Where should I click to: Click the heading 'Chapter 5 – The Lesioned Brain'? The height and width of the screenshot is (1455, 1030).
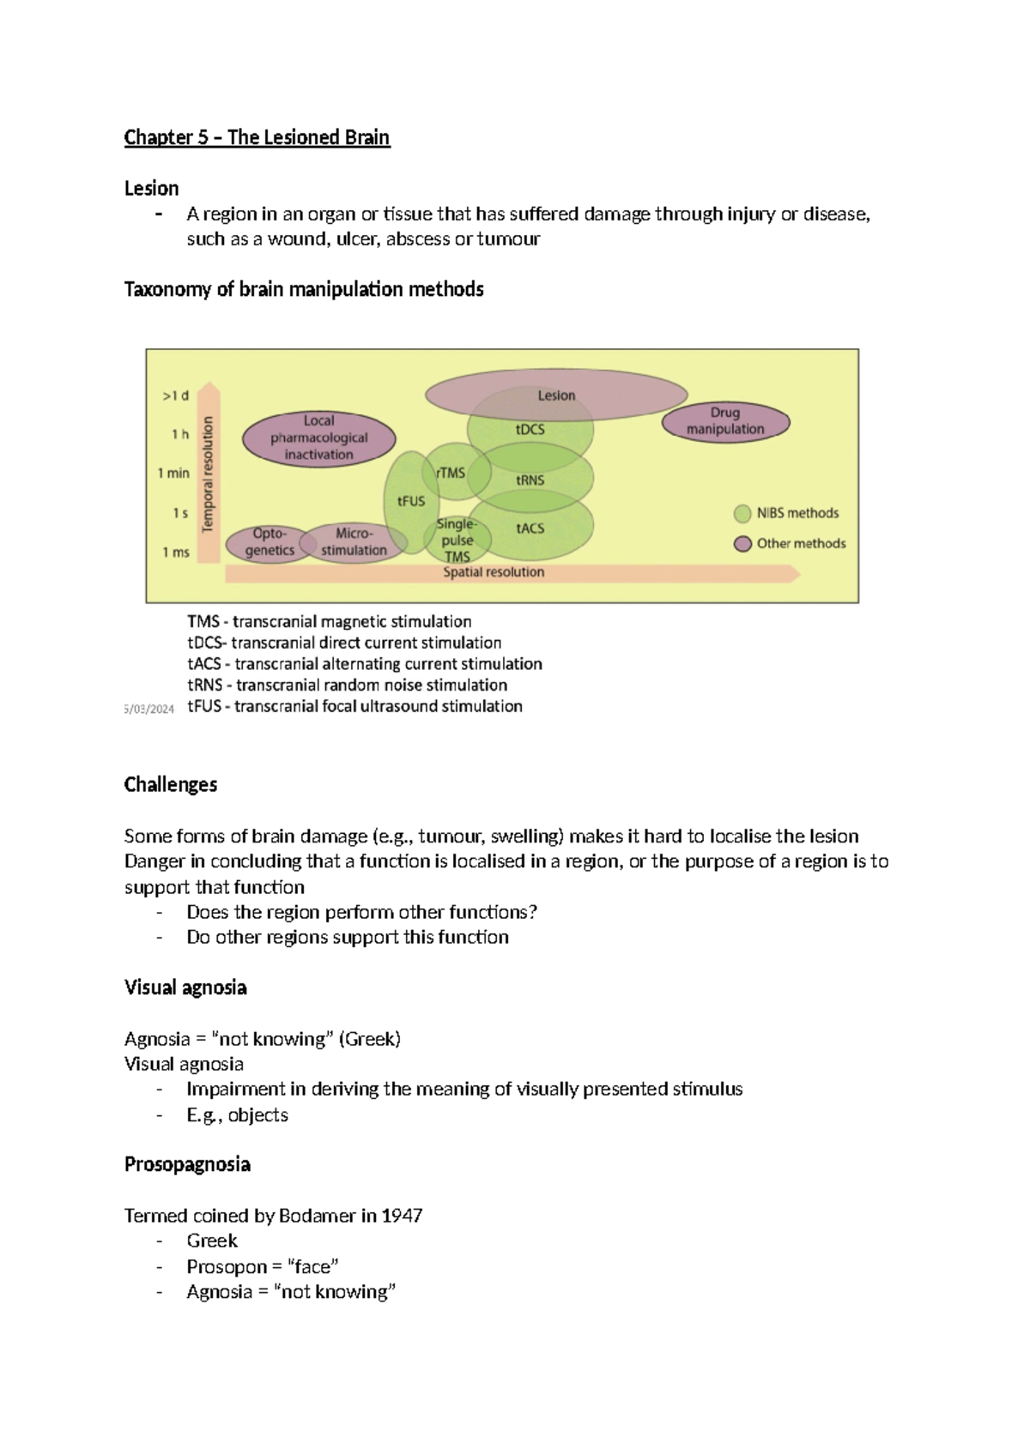pyautogui.click(x=257, y=137)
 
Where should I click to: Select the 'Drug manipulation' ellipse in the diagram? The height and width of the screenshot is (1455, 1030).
pyautogui.click(x=725, y=421)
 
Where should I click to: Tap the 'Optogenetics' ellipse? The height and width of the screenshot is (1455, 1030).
pyautogui.click(x=269, y=542)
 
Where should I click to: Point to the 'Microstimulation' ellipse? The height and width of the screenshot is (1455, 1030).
pyautogui.click(x=354, y=542)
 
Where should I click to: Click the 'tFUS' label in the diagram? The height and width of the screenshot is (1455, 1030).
pyautogui.click(x=411, y=501)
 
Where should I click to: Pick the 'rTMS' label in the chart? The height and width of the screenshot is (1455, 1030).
pyautogui.click(x=451, y=473)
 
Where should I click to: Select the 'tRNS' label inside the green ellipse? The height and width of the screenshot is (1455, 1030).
pyautogui.click(x=530, y=480)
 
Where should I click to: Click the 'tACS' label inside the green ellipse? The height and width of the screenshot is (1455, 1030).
pyautogui.click(x=530, y=528)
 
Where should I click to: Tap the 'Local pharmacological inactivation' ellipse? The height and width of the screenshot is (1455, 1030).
pyautogui.click(x=318, y=438)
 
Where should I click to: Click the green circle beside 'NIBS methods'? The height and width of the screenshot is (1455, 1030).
pyautogui.click(x=742, y=514)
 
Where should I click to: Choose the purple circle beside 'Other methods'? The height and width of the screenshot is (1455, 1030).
pyautogui.click(x=742, y=544)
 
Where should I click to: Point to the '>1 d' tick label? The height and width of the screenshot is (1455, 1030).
pyautogui.click(x=175, y=395)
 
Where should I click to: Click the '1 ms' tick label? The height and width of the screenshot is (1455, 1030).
pyautogui.click(x=175, y=552)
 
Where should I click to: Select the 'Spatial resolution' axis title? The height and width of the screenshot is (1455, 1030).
pyautogui.click(x=494, y=572)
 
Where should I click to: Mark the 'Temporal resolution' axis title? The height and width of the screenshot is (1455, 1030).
pyautogui.click(x=207, y=474)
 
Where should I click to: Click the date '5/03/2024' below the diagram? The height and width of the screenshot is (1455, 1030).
pyautogui.click(x=148, y=709)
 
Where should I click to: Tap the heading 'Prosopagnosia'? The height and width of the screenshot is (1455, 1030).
pyautogui.click(x=187, y=1164)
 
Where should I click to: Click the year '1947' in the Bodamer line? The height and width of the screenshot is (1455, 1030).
pyautogui.click(x=402, y=1216)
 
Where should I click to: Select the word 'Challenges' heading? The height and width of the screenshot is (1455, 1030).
pyautogui.click(x=170, y=784)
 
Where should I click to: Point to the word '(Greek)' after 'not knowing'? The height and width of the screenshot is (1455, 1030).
pyautogui.click(x=369, y=1039)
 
